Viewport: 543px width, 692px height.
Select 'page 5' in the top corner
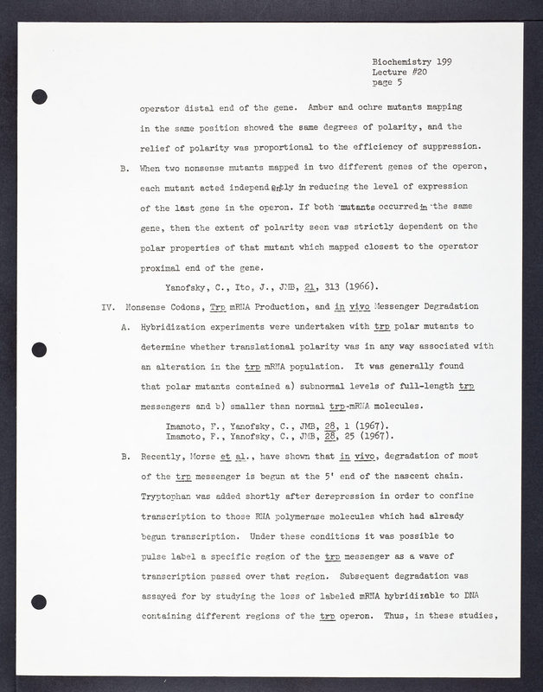(x=388, y=84)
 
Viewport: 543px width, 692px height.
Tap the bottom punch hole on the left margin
(x=37, y=603)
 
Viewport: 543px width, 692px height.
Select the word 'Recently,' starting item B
(x=164, y=455)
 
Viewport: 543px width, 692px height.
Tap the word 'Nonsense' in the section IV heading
(x=150, y=307)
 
